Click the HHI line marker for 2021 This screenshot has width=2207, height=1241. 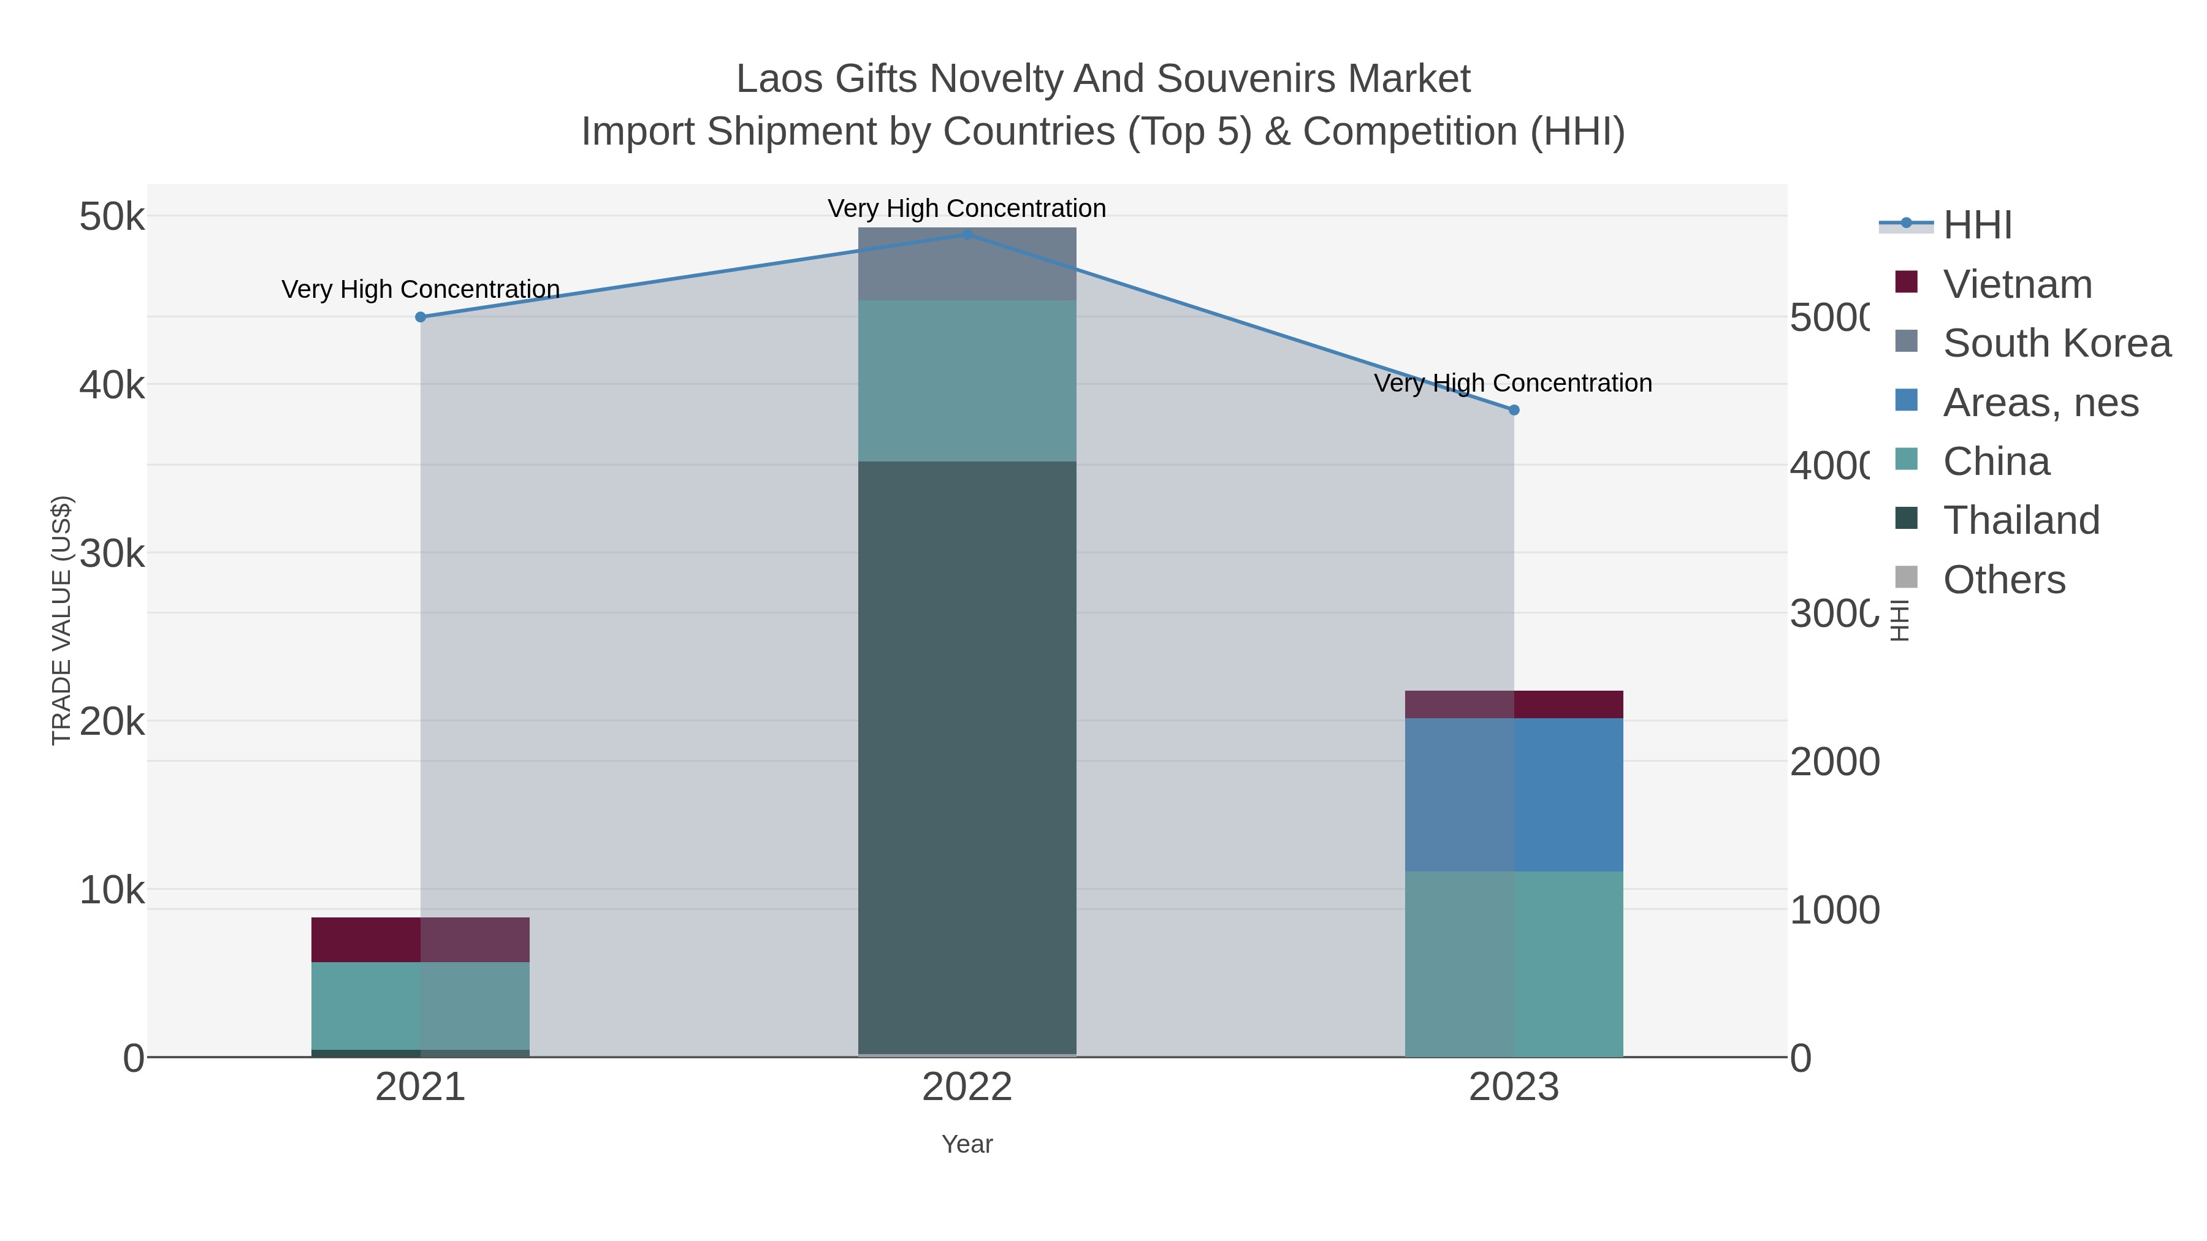(420, 317)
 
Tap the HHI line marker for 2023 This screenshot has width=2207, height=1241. (1513, 410)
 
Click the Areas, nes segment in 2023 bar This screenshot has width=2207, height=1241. (1513, 795)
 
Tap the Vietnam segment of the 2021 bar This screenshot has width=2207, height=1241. (420, 939)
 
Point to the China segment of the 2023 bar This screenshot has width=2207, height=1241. (1513, 963)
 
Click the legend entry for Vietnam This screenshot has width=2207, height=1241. (2017, 284)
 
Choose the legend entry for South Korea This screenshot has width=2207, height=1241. (2056, 343)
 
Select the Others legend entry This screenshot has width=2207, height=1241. (2003, 580)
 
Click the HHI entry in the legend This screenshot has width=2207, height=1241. (1976, 226)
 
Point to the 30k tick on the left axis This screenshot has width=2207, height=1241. (112, 554)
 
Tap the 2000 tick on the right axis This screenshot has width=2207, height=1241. (1834, 761)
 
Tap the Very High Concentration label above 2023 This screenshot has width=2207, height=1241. (1513, 383)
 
